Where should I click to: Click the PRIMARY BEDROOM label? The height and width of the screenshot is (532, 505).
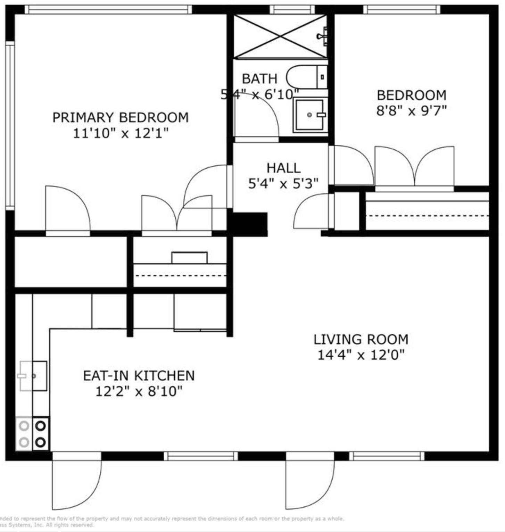click(x=120, y=117)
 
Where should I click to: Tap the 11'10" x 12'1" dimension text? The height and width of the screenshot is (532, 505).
click(x=120, y=133)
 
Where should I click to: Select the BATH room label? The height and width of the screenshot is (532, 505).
click(x=259, y=79)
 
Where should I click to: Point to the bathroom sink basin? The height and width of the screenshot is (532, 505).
click(x=309, y=115)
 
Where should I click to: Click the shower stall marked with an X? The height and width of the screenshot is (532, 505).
click(x=280, y=36)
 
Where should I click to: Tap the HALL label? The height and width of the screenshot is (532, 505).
click(x=283, y=168)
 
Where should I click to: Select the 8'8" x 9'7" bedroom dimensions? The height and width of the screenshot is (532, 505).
click(x=411, y=111)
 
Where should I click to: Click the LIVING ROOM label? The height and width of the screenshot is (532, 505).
click(x=361, y=339)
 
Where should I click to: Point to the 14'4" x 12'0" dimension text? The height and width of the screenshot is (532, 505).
click(x=361, y=355)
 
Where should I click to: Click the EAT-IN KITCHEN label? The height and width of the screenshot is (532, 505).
click(x=139, y=376)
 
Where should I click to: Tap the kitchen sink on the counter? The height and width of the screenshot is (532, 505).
click(x=33, y=376)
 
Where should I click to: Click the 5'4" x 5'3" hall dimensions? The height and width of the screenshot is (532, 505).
click(x=283, y=183)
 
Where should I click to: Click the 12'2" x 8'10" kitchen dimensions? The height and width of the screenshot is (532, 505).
click(x=139, y=391)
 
